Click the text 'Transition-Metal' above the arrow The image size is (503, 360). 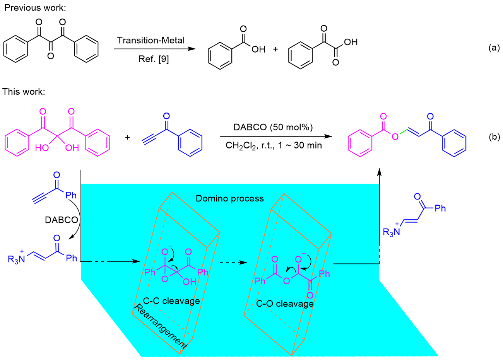(151, 41)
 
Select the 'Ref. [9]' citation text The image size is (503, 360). (154, 59)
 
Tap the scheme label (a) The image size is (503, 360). (494, 48)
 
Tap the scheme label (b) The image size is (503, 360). (494, 136)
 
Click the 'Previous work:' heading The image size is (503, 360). (35, 8)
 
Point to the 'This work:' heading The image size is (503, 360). (24, 92)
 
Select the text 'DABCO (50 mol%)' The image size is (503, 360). (273, 127)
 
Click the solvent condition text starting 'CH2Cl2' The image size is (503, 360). (274, 146)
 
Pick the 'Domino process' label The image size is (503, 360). (230, 198)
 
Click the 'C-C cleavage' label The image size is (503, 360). (171, 301)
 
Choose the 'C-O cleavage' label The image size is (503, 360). (285, 304)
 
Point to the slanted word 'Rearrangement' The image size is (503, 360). (160, 327)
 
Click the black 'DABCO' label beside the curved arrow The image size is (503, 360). (62, 220)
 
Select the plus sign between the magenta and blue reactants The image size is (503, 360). (128, 138)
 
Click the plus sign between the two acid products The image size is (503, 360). (275, 49)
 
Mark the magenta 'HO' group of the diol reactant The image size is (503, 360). (41, 148)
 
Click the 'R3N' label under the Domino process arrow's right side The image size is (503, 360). (391, 232)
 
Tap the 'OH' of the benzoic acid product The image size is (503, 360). (258, 49)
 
